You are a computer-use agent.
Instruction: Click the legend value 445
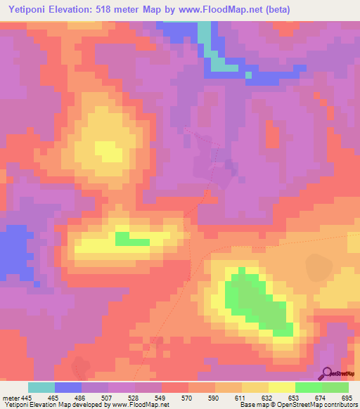(26, 397)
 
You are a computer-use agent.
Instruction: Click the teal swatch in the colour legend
(41, 387)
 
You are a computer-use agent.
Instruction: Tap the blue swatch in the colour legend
(68, 387)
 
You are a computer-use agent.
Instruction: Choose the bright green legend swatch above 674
(309, 387)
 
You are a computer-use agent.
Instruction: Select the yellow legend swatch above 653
(282, 387)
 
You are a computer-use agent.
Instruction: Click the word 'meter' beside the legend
(11, 397)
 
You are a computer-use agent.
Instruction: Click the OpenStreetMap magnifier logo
(328, 372)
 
